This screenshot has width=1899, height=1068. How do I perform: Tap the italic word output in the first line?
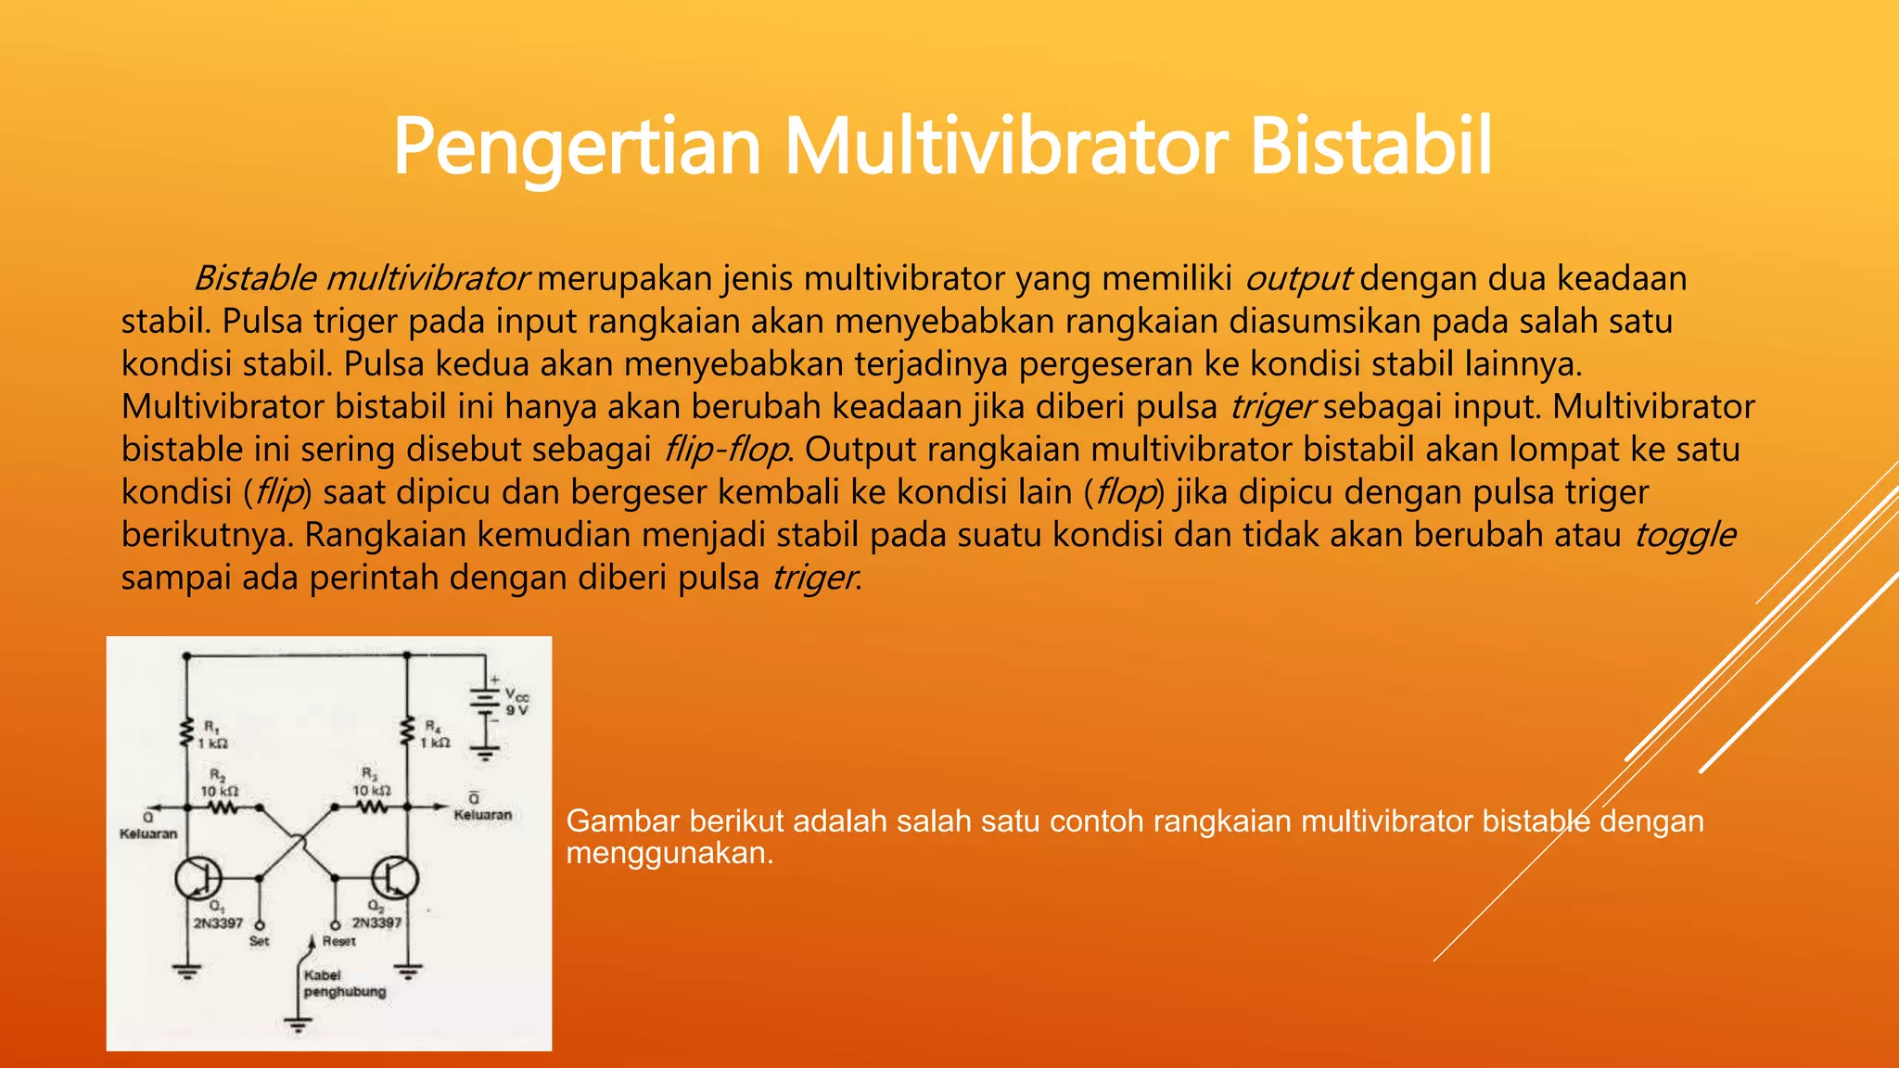coord(1297,278)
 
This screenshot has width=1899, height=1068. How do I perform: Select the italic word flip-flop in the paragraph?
coord(726,450)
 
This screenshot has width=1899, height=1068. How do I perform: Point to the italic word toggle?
coord(1684,535)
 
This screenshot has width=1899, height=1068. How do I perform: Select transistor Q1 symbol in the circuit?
coord(198,877)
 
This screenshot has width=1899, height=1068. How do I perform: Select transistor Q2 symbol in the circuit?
coord(395,877)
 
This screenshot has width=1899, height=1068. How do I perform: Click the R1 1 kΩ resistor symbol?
coord(186,732)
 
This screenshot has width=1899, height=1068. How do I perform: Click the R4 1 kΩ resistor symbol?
coord(406,732)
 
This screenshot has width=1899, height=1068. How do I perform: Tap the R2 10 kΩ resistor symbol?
coord(222,808)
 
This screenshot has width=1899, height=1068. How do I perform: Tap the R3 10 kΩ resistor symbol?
coord(371,808)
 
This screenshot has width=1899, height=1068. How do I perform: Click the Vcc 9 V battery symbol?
coord(484,702)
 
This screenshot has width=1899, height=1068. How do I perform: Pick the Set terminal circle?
coord(259,924)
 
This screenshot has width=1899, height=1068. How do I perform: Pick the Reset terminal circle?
coord(335,924)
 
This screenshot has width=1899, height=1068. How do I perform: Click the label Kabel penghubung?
coord(343,984)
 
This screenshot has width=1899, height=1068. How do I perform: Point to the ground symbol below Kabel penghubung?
coord(298,1025)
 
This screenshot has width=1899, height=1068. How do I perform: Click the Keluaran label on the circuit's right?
coord(482,815)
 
